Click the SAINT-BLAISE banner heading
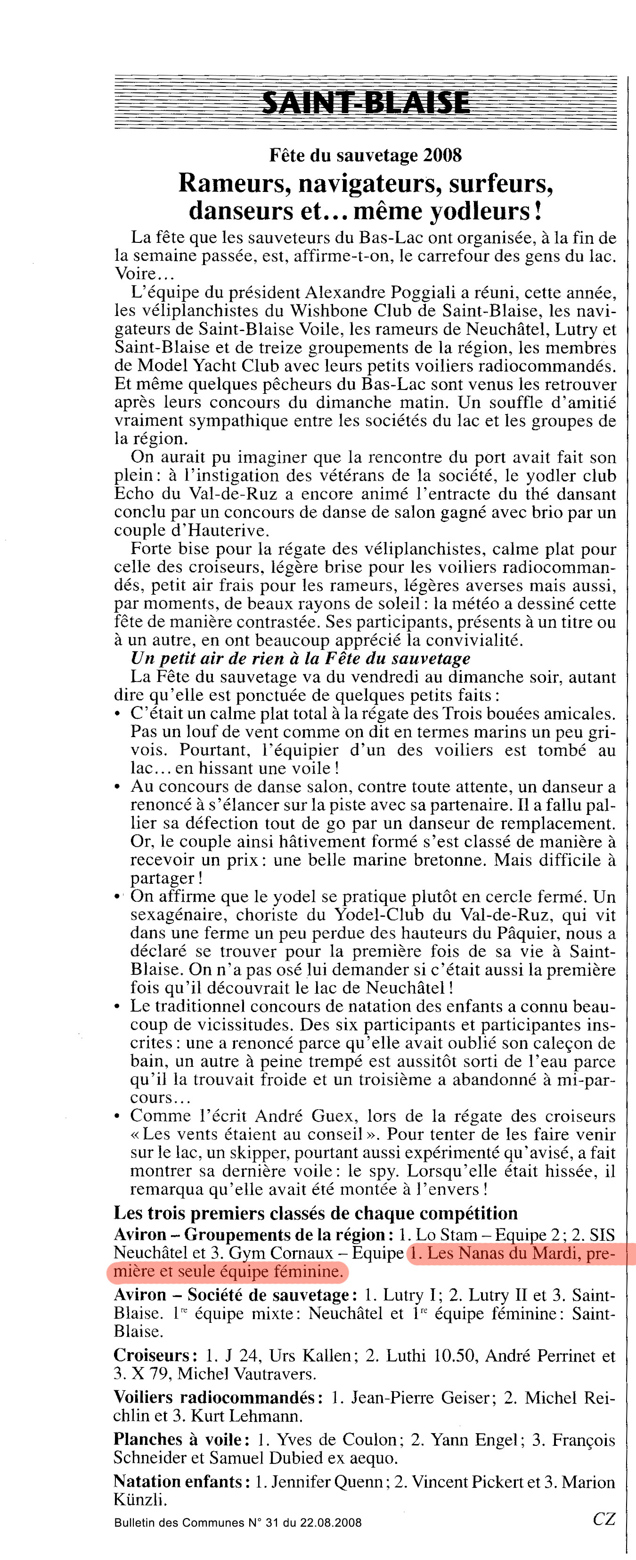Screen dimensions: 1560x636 click(366, 102)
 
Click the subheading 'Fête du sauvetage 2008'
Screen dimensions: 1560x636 click(366, 156)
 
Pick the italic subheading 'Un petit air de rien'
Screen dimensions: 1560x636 click(300, 658)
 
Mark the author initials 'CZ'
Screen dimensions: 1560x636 click(603, 1530)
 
